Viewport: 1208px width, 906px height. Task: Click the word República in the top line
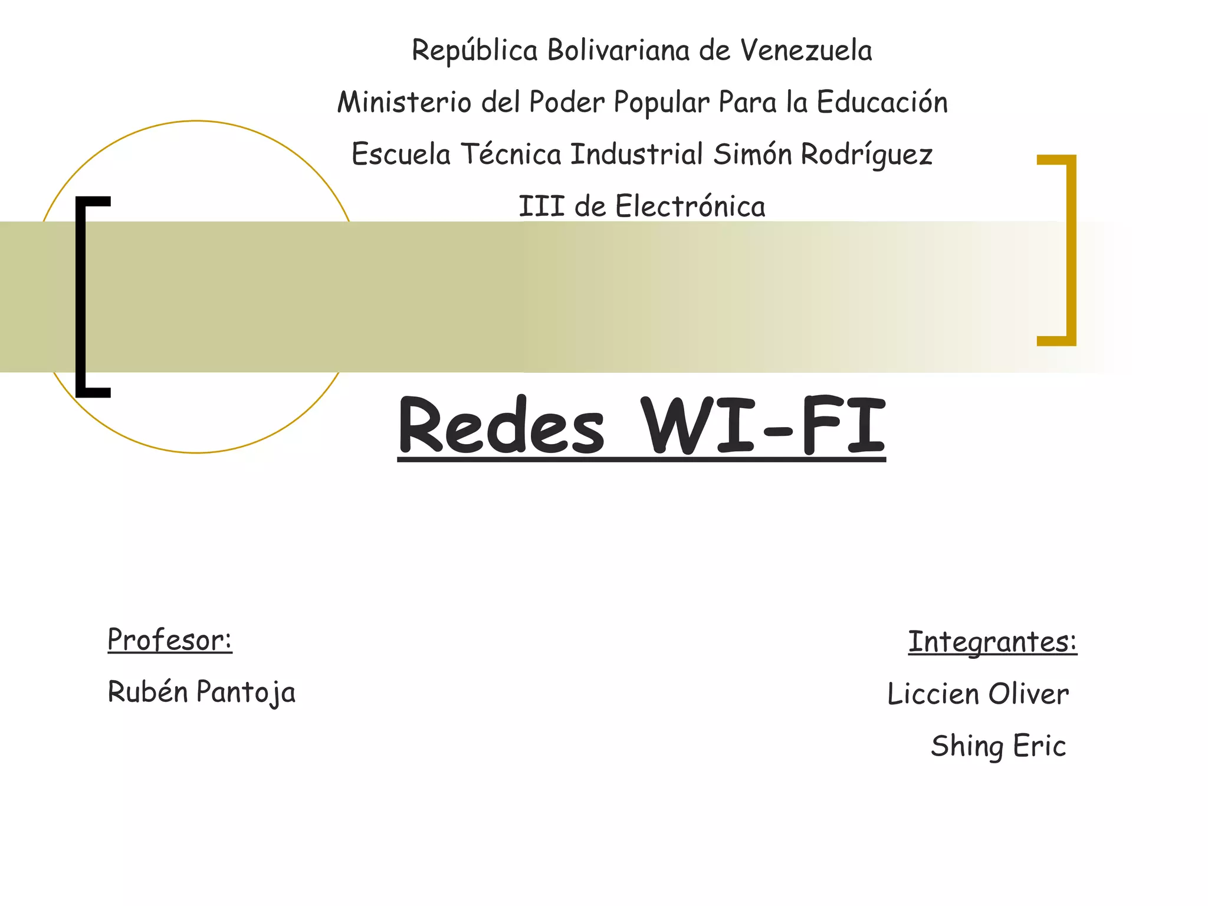pyautogui.click(x=474, y=51)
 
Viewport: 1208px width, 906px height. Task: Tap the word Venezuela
pyautogui.click(x=806, y=50)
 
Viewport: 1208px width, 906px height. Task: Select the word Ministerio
pyautogui.click(x=404, y=102)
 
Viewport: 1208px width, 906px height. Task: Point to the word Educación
pyautogui.click(x=882, y=102)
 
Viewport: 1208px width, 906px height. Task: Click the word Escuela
pyautogui.click(x=401, y=155)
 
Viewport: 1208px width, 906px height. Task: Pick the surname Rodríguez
pyautogui.click(x=866, y=155)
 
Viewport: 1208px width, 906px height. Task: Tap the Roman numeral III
pyautogui.click(x=541, y=206)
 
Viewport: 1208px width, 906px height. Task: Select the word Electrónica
pyautogui.click(x=690, y=206)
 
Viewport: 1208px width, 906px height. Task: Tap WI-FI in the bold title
pyautogui.click(x=764, y=426)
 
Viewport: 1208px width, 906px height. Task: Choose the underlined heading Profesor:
pyautogui.click(x=170, y=640)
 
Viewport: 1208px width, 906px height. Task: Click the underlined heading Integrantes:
pyautogui.click(x=992, y=642)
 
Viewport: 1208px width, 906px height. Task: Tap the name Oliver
pyautogui.click(x=1028, y=694)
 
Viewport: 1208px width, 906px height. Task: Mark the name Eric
pyautogui.click(x=1039, y=746)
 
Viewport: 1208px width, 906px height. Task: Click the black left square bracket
pyautogui.click(x=83, y=297)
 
